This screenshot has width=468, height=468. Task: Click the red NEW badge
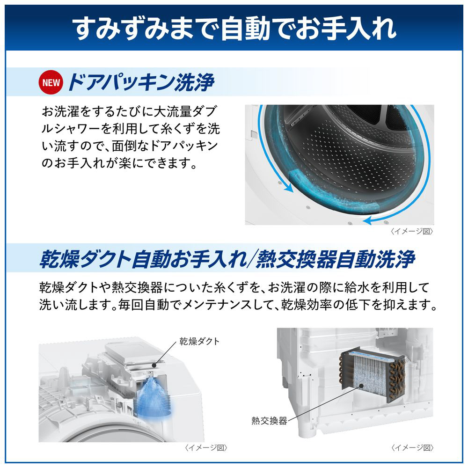pos(51,82)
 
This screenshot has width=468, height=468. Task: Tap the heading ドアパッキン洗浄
pos(141,82)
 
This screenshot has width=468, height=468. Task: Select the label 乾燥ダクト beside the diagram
pos(199,341)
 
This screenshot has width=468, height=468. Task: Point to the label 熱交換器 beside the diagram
pos(269,421)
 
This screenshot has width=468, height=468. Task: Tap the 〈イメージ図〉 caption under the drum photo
pos(412,231)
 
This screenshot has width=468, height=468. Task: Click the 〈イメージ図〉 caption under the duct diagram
pos(206,447)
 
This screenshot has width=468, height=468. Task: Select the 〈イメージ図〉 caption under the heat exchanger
pos(412,447)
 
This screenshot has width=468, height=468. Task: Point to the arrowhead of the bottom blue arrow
pos(367,221)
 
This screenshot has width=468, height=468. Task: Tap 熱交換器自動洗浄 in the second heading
pos(335,259)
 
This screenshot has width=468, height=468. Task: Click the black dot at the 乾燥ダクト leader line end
pos(154,365)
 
